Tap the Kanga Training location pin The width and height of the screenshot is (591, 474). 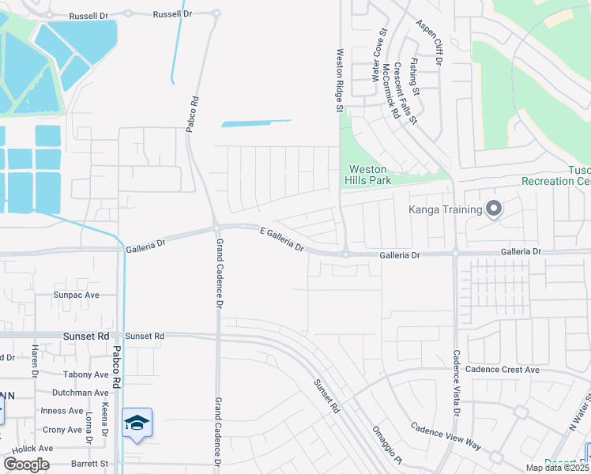tap(494, 209)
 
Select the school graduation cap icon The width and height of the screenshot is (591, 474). tap(137, 424)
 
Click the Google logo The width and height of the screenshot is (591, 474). tap(26, 465)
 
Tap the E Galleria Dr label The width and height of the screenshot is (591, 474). tap(282, 238)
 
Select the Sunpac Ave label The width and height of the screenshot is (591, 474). tap(77, 295)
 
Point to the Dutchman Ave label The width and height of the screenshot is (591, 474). tap(80, 393)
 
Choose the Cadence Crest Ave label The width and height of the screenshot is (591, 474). tap(503, 370)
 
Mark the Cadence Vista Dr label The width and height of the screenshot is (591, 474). tap(457, 384)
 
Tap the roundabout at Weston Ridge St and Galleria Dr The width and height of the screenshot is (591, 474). tap(345, 253)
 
